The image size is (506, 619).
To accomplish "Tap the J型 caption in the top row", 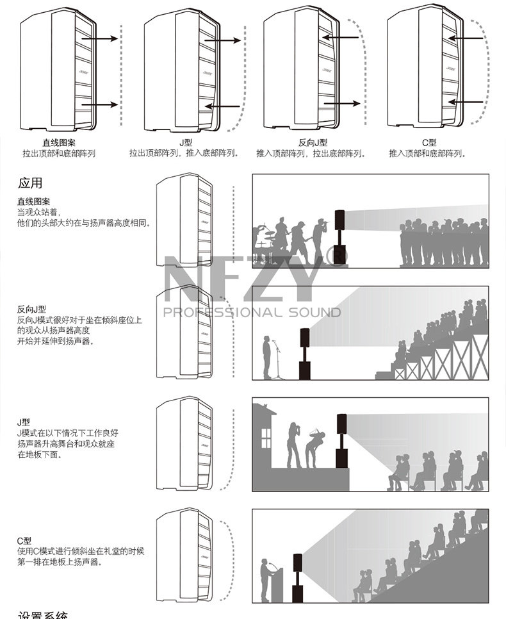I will (186, 143).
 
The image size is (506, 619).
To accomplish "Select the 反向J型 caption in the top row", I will (313, 143).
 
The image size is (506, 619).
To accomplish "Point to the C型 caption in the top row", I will (428, 143).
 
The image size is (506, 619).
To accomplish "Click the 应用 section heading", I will (30, 183).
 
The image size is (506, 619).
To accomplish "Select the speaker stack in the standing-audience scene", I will (340, 238).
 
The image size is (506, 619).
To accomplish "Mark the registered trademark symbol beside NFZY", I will (338, 257).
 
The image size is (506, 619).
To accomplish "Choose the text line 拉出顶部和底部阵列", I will (59, 154).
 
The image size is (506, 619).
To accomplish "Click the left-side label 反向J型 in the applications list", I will (31, 309).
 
